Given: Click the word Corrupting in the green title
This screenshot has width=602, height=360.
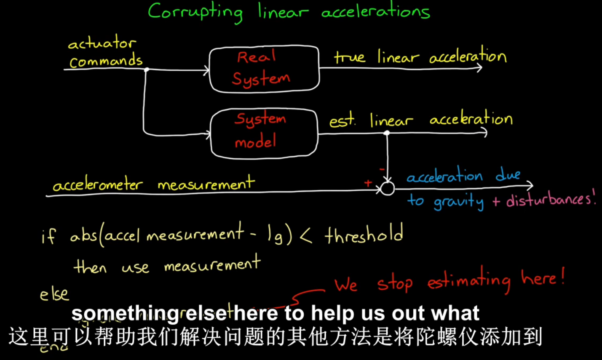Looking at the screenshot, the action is [x=195, y=12].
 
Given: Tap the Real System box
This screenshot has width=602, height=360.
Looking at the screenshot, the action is [x=264, y=69].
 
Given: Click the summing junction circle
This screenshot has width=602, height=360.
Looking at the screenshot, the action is [x=387, y=188].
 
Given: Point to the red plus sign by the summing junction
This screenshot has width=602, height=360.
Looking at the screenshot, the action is [x=368, y=183].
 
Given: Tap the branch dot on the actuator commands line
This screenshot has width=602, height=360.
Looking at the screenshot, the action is [x=146, y=70].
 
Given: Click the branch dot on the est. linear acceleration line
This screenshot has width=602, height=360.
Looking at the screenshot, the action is [x=387, y=133].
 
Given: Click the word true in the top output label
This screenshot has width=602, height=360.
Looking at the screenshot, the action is [x=349, y=57].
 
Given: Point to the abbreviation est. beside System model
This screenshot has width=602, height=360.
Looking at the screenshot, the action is [x=342, y=121].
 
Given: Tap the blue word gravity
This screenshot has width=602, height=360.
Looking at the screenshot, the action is [x=459, y=202].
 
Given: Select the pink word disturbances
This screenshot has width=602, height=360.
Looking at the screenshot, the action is [x=550, y=199].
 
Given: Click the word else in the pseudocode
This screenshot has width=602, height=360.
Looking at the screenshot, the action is [x=54, y=294].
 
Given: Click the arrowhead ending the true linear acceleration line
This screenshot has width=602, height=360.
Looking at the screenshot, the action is [x=480, y=67].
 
